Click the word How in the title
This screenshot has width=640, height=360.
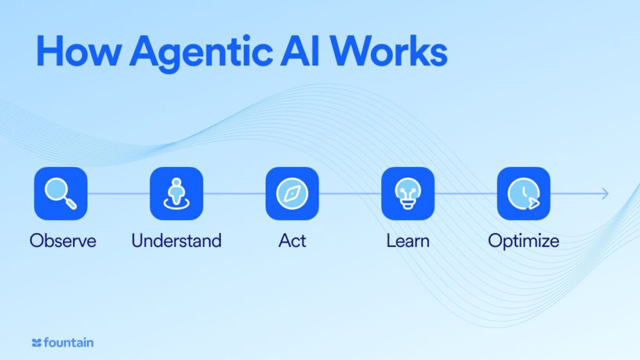point(78,51)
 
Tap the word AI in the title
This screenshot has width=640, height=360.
point(300,51)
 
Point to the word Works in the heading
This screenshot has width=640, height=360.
point(389,51)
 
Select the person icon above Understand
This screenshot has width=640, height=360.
point(176,194)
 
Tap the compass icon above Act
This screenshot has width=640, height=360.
point(292,194)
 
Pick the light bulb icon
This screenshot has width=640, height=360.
point(407,194)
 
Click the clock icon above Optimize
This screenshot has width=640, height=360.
point(524,194)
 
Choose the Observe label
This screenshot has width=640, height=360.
point(63,241)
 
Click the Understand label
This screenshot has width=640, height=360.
point(176,241)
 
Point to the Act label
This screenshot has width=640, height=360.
point(292,241)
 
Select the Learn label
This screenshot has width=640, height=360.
point(407,241)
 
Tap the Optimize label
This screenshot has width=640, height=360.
point(524,241)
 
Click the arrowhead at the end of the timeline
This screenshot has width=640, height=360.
point(606,194)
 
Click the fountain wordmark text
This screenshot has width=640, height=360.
point(68,342)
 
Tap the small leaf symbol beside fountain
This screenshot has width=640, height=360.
point(36,343)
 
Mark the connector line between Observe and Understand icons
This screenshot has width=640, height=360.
point(118,194)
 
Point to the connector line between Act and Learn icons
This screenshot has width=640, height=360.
point(350,194)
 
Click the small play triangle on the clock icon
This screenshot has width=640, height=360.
point(534,203)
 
